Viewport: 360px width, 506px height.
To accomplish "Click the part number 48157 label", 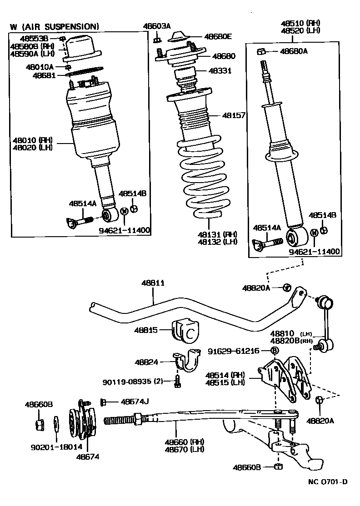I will point(234,116).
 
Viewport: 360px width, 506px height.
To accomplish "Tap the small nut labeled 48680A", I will point(261,51).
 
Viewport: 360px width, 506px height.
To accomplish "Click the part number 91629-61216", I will point(234,351).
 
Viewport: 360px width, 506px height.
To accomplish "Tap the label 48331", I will point(220,71).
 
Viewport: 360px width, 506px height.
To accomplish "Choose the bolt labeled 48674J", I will point(103,402).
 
